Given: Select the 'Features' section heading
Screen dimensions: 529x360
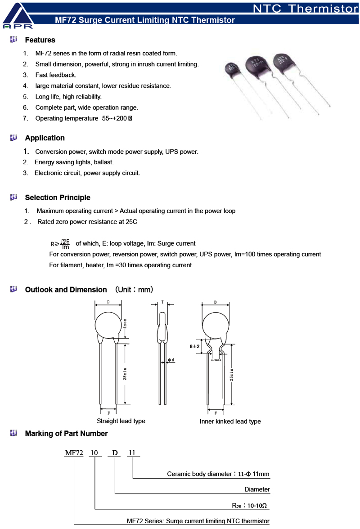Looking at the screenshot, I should click(x=40, y=40).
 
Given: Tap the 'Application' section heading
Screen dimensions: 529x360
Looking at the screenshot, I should click(x=45, y=138).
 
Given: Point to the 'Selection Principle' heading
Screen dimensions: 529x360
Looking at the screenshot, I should click(x=58, y=197).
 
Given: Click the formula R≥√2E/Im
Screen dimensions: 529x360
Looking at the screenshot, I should click(x=60, y=244).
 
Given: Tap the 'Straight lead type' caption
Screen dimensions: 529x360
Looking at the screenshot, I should click(x=121, y=421).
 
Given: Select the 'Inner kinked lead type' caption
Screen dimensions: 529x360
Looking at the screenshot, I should click(x=230, y=421).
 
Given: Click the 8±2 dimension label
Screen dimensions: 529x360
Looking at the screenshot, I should click(x=194, y=346).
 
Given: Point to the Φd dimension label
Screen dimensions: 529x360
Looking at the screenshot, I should click(x=171, y=360).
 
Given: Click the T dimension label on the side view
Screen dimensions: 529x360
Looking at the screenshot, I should click(x=162, y=302).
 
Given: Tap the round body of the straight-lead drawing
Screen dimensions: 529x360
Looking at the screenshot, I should click(x=108, y=325).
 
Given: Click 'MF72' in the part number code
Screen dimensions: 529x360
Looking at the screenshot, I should click(x=74, y=453).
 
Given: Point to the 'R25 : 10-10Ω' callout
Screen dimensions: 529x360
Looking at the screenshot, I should click(x=250, y=505).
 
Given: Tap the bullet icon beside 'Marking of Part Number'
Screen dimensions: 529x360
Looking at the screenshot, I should click(x=13, y=433).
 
